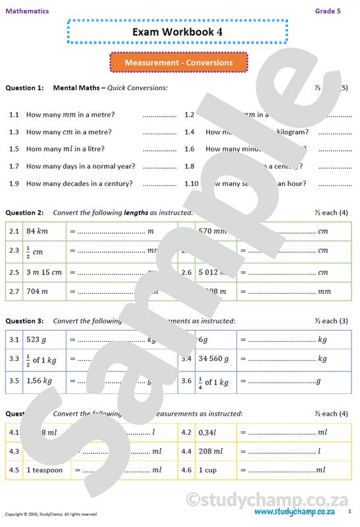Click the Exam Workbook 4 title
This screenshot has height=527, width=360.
177,31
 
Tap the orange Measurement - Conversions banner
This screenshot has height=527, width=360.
179,63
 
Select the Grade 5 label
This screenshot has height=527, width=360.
328,11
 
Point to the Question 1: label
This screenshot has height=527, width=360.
24,88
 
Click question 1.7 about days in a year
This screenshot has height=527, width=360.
80,166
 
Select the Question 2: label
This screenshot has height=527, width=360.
24,213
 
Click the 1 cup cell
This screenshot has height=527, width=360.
207,470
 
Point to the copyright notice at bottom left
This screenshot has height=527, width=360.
51,514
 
